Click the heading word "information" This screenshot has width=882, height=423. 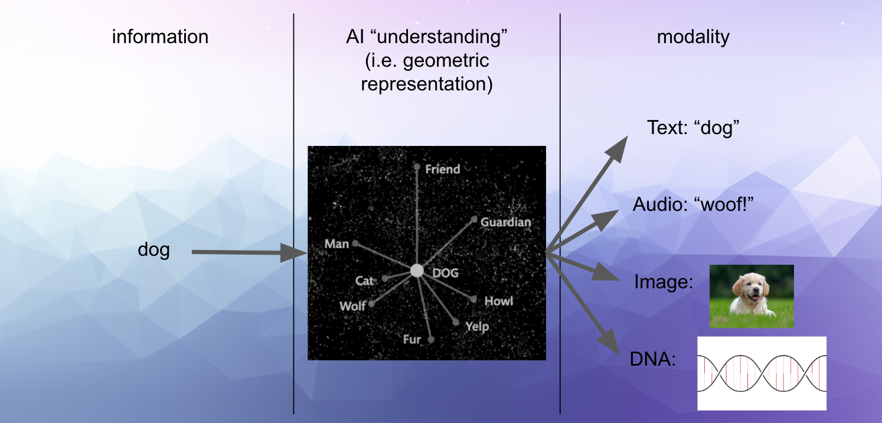[160, 37]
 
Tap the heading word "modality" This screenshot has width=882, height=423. [693, 37]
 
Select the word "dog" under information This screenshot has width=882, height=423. [153, 250]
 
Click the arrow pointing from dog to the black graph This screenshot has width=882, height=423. [249, 252]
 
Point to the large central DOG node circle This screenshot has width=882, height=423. [417, 271]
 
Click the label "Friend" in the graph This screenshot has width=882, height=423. [443, 170]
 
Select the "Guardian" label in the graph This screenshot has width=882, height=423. [505, 222]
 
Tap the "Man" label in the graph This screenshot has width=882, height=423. [337, 244]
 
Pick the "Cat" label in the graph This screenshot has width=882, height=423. [364, 281]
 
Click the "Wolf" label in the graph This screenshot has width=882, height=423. [353, 306]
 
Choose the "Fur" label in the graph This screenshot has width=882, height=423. [412, 339]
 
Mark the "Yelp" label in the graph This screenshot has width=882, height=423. [477, 327]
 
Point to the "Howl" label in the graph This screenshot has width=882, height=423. [498, 301]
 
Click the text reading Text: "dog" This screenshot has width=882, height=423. [693, 128]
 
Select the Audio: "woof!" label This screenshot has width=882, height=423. [693, 204]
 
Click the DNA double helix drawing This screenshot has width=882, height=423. [762, 373]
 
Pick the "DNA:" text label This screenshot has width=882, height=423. [653, 359]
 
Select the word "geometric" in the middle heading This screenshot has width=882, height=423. [446, 61]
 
